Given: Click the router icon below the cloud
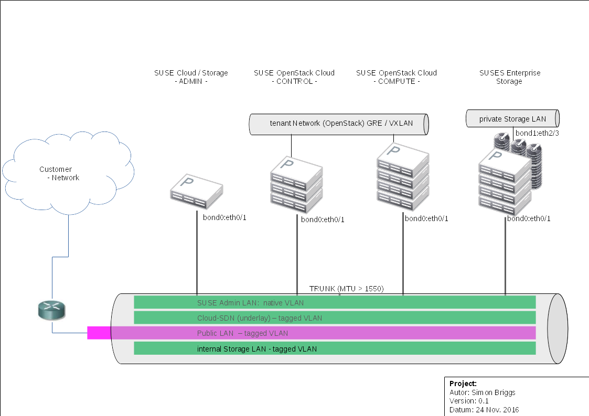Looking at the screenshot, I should [x=53, y=310].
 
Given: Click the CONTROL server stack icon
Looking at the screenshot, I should [x=296, y=183].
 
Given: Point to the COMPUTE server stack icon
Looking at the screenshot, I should [x=403, y=174].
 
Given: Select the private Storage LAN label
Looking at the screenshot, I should [x=512, y=119].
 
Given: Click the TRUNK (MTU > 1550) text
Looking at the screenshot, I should [x=346, y=289].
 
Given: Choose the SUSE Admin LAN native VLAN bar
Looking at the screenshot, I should [x=335, y=302].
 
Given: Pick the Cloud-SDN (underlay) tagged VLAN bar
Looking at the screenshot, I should [x=335, y=318].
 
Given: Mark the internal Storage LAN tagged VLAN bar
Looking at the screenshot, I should [x=335, y=348].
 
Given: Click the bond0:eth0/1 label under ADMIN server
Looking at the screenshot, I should [x=224, y=217].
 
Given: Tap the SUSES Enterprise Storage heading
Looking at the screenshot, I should [x=509, y=77].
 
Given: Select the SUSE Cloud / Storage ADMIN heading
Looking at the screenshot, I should [x=191, y=77].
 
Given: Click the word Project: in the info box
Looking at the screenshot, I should [x=463, y=384].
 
